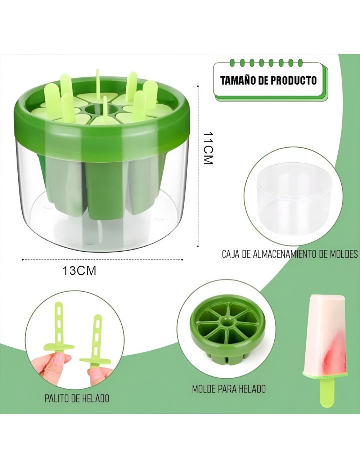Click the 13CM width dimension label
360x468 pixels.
(x=80, y=270)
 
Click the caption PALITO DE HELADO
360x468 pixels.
(x=77, y=399)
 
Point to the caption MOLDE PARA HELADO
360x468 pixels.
(x=229, y=389)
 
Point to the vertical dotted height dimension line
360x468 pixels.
(x=198, y=166)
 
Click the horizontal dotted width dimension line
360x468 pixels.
(x=103, y=258)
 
